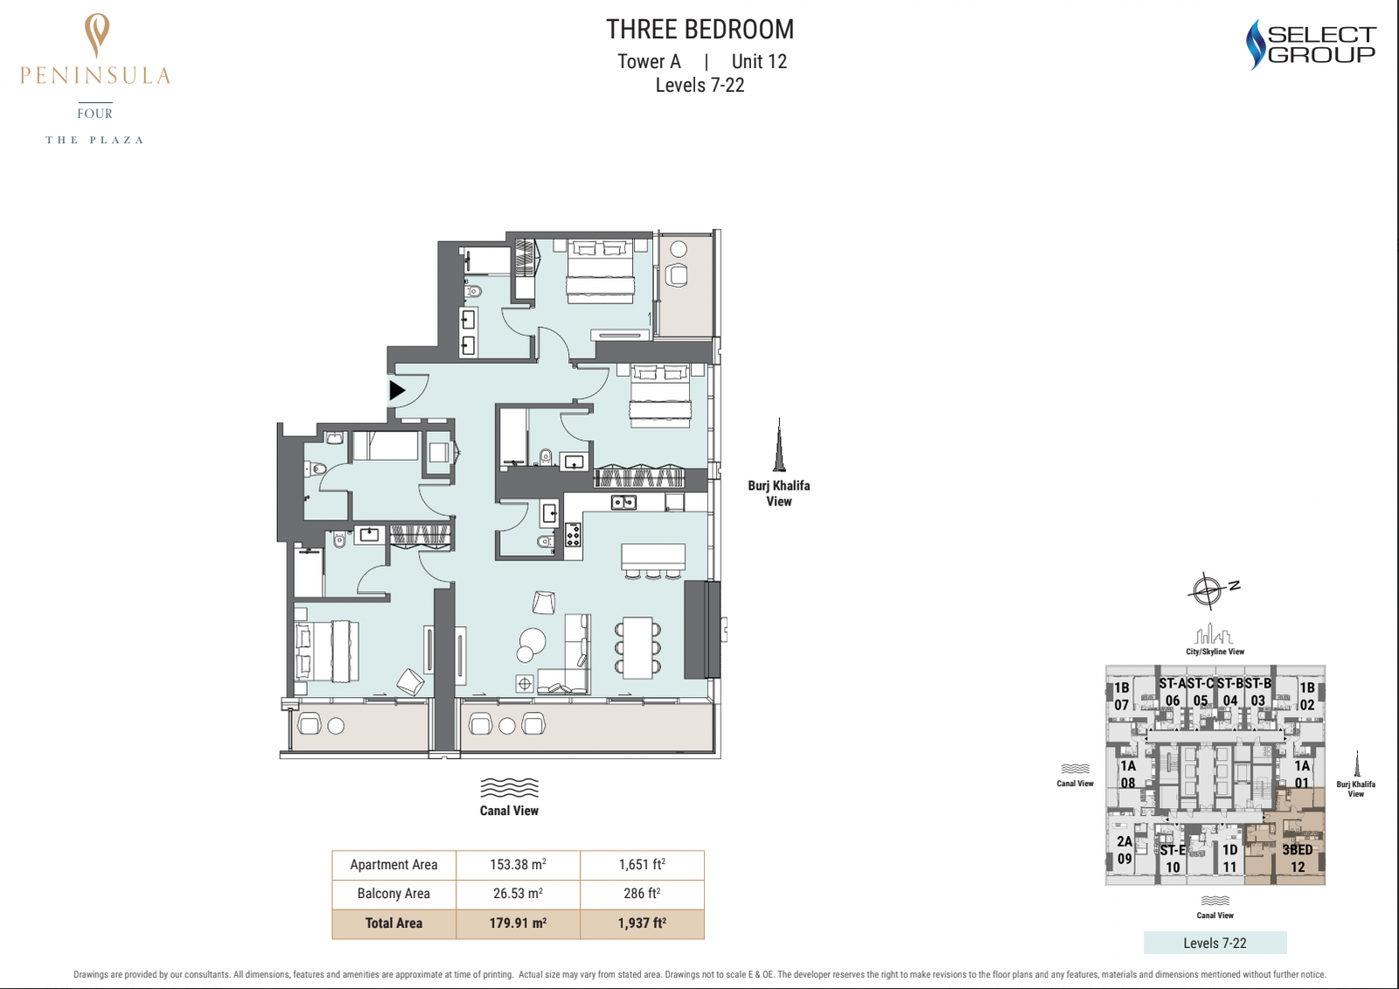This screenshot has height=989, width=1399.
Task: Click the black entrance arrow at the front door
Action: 397,391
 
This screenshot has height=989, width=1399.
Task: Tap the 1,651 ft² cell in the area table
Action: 642,865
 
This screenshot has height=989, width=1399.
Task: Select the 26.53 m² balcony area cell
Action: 518,894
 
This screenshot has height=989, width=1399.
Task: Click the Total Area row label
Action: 393,923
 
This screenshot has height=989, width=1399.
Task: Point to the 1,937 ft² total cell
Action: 642,923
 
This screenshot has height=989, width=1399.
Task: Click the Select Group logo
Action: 1310,45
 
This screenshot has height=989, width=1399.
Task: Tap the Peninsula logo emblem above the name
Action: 97,36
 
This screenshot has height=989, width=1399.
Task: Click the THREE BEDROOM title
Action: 699,30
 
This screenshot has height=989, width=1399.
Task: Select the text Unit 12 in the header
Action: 759,62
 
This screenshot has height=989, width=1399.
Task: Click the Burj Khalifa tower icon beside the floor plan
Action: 779,445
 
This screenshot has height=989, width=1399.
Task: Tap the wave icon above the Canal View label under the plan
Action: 509,788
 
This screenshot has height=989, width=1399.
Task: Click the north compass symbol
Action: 1208,589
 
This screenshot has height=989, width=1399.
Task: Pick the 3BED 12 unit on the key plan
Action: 1298,858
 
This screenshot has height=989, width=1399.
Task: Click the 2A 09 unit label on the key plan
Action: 1124,850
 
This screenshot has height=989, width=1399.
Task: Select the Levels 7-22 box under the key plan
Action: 1215,943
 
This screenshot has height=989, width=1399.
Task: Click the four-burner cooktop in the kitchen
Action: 574,535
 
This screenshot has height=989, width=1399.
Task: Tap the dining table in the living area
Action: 637,648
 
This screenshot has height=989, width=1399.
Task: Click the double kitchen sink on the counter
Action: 623,502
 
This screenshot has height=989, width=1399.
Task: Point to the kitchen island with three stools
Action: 652,561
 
